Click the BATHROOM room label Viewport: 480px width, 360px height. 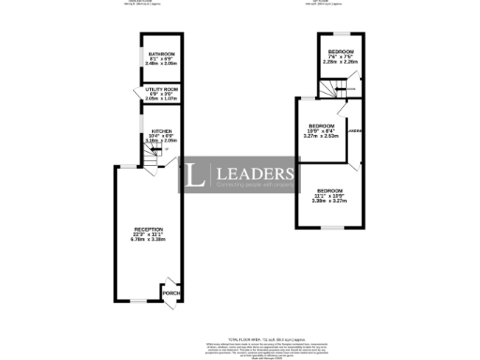tap(159, 53)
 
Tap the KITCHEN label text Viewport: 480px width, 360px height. tap(160, 131)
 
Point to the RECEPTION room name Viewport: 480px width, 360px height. tap(149, 229)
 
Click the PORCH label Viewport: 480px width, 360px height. tap(171, 293)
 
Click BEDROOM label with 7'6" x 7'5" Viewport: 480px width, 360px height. tap(339, 51)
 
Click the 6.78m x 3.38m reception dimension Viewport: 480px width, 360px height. tap(149, 240)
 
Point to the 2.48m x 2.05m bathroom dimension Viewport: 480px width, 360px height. tap(159, 65)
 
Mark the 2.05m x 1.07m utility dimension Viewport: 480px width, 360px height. tap(160, 98)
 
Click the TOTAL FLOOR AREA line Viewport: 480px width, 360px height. tap(242, 335)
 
